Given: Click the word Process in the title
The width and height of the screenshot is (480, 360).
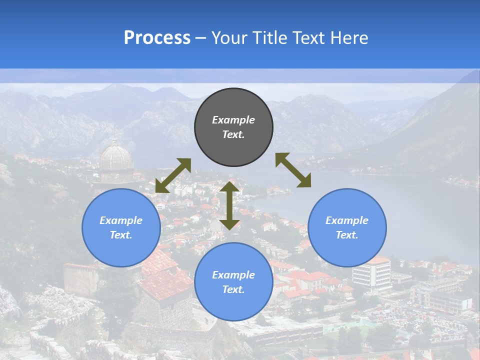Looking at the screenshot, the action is [x=157, y=38].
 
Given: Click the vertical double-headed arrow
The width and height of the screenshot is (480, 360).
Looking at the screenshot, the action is [x=229, y=205].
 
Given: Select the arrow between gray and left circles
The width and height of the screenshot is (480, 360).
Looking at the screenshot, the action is [x=173, y=175].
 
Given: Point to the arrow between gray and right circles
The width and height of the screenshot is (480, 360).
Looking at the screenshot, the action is [x=293, y=170].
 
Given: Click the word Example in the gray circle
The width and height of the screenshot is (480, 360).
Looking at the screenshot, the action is [x=233, y=120].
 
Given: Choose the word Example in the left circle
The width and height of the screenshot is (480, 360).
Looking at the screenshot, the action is [x=121, y=220].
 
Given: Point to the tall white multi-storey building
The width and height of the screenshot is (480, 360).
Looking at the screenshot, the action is [x=372, y=273].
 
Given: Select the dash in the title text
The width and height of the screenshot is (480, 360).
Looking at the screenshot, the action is [x=201, y=38].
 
